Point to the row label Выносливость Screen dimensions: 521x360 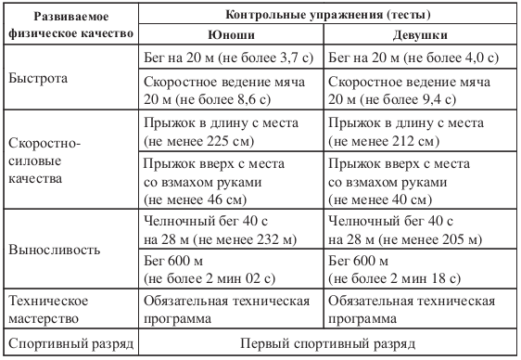tap(50, 251)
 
